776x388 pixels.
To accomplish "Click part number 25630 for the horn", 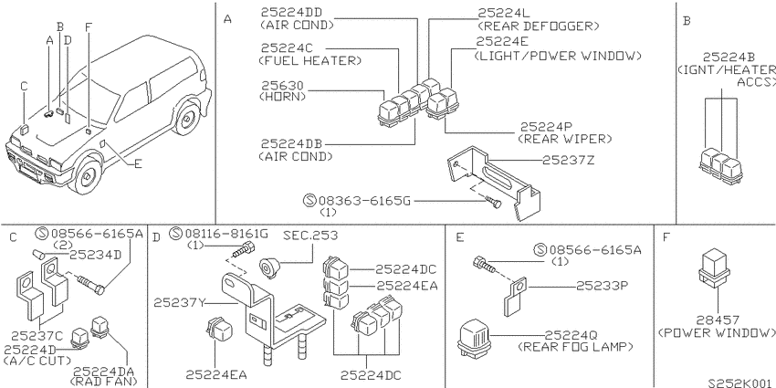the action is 282,86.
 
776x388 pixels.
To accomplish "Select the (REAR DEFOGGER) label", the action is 538,26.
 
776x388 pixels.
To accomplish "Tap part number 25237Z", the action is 568,161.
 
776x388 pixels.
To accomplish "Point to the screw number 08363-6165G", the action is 364,201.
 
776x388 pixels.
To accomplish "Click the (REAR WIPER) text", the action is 564,139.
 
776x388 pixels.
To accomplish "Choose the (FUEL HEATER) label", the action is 309,61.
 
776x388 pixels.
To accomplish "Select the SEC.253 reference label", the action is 310,235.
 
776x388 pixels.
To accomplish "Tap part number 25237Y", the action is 179,302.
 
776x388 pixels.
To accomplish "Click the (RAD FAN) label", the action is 103,382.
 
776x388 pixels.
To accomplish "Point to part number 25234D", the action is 95,255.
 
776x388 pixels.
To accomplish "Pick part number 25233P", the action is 602,286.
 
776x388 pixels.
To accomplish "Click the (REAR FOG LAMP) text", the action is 575,346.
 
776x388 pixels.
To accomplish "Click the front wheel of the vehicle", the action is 88,175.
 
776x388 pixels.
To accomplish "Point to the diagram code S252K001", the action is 739,383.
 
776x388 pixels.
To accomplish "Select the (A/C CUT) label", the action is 37,361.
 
